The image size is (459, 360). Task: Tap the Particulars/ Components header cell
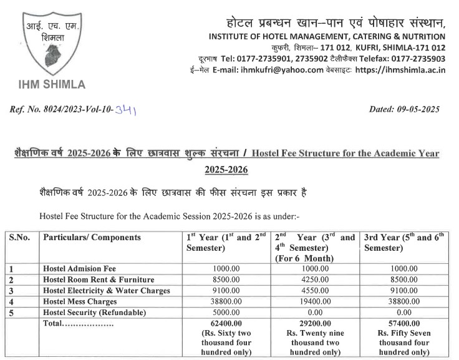tap(92, 238)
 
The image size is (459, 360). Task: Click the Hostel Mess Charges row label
tap(80, 301)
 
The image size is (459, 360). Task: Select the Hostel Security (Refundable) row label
tap(94, 311)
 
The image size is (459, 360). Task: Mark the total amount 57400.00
tap(404, 323)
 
